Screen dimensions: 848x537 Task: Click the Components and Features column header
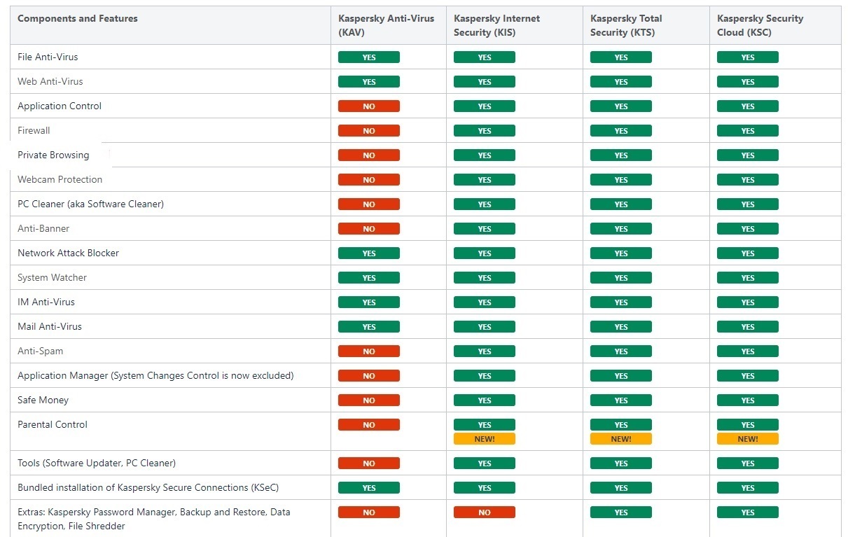pos(78,18)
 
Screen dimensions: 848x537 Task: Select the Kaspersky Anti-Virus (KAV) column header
pos(386,25)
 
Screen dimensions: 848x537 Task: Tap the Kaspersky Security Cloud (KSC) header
pos(760,25)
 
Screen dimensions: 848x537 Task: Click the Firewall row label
pos(34,130)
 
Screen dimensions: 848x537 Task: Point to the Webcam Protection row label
pos(60,179)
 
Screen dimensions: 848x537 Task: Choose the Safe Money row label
pos(43,400)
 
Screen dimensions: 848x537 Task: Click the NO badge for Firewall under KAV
pos(369,130)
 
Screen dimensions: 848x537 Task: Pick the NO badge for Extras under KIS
pos(484,512)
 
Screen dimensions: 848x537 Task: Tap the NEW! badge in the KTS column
pos(621,438)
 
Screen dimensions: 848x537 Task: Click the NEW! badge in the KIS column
pos(484,438)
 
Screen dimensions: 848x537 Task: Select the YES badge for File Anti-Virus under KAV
pos(369,57)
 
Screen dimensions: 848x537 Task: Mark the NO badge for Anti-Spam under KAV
pos(369,351)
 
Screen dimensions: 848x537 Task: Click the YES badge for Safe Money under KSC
pos(748,400)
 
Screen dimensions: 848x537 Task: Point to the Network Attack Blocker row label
pos(68,253)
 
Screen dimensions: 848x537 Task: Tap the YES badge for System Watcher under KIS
pos(484,278)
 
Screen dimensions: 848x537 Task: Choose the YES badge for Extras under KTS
pos(621,512)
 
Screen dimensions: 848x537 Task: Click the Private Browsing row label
pos(53,155)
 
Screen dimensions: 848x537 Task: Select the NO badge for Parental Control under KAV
pos(369,424)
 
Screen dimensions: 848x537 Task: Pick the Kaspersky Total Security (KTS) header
pos(626,25)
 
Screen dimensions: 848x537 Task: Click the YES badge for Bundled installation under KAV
pos(369,487)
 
